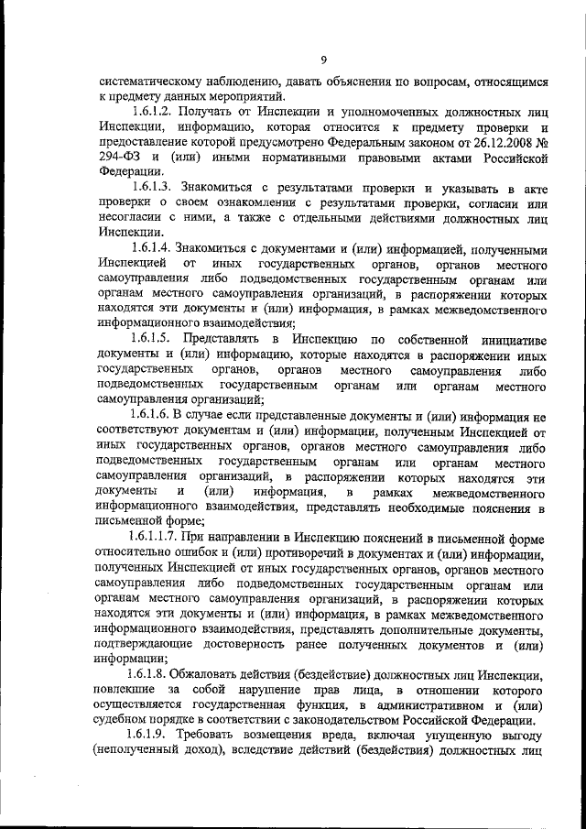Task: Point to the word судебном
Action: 129,720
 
